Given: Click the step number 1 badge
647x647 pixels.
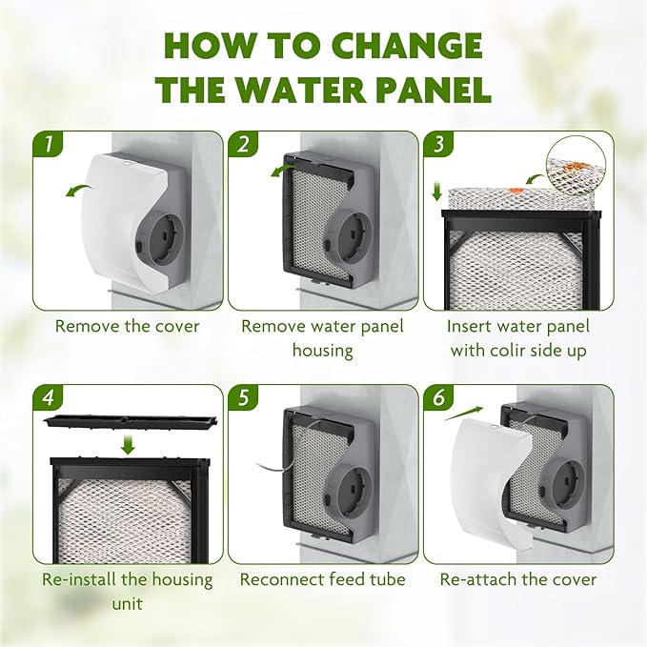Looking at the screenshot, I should point(47,145).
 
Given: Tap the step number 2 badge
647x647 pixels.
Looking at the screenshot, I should point(243,145).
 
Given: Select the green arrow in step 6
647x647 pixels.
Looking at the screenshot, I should point(461,412).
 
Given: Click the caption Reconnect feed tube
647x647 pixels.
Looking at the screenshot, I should point(322,579).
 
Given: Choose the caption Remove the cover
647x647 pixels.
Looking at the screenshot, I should point(127,326).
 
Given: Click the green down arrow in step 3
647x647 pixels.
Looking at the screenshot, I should point(437,192).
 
